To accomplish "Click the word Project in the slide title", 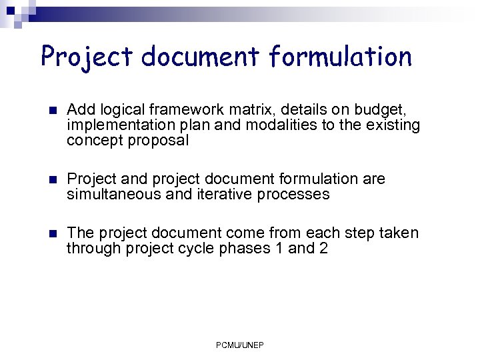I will coord(83,57).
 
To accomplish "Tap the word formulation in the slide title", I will coord(341,57).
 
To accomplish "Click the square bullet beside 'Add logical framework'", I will coord(53,110).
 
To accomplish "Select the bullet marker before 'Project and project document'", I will coord(53,179).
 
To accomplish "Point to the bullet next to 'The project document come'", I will coord(53,233).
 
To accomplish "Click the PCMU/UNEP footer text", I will coord(240,345).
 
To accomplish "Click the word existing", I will coord(395,125).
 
